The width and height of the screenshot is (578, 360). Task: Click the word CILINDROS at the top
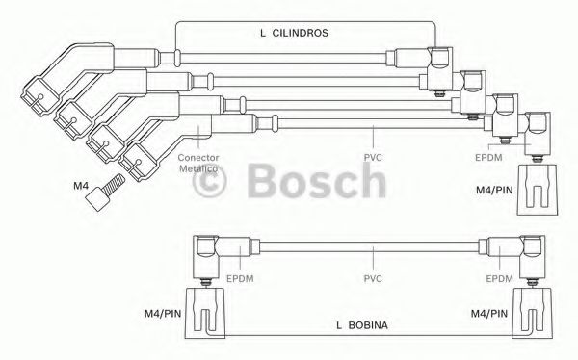[x=300, y=33]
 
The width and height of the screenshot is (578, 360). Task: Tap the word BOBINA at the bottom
[x=368, y=325]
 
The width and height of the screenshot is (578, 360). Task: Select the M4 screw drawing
[x=105, y=192]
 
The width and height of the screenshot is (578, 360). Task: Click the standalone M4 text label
[x=81, y=186]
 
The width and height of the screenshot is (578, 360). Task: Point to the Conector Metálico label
[x=198, y=164]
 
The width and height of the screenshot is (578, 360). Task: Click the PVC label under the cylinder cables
[x=373, y=158]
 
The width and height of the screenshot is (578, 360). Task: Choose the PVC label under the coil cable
[x=373, y=278]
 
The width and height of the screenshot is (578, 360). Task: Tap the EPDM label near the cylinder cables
[x=488, y=157]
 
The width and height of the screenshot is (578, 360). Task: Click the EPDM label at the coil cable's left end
[x=240, y=278]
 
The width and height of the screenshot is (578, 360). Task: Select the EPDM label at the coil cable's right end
[x=499, y=278]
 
